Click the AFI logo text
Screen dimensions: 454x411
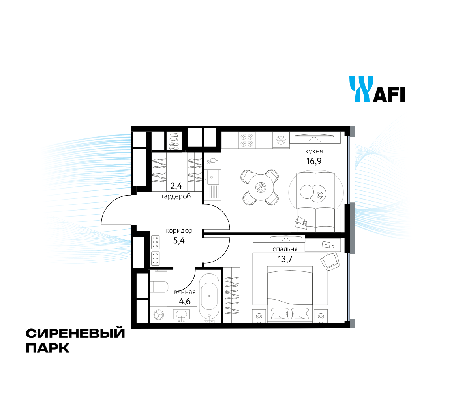click(x=389, y=94)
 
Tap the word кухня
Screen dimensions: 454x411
click(x=314, y=151)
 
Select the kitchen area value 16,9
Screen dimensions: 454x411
click(x=314, y=161)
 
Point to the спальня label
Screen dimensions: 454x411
click(x=285, y=249)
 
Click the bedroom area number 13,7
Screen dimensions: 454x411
click(x=285, y=259)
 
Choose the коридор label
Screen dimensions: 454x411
click(x=179, y=231)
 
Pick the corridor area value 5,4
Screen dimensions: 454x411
click(x=179, y=241)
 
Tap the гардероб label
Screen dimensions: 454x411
click(x=176, y=196)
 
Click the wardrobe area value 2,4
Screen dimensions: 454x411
click(x=176, y=185)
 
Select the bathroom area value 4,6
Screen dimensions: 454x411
click(x=185, y=302)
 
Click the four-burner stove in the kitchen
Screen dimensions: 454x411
click(x=247, y=140)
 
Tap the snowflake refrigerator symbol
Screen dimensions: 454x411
click(x=281, y=140)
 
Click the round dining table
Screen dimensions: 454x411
click(x=261, y=187)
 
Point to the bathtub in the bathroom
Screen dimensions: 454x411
click(x=209, y=296)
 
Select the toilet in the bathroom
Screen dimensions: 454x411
click(x=159, y=287)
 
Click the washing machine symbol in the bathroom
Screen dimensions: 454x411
click(x=159, y=315)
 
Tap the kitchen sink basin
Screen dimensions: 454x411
click(x=212, y=177)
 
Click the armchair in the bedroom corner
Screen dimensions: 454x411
click(x=330, y=262)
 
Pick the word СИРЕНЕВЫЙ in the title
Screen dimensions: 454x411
click(x=75, y=333)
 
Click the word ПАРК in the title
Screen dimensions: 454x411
click(x=48, y=347)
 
